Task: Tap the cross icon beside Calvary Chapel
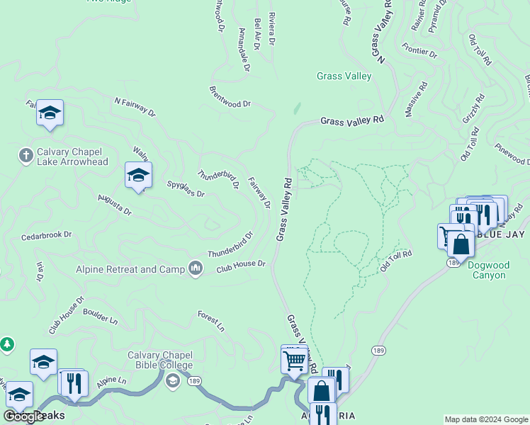point(26,154)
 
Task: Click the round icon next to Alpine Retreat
point(196,268)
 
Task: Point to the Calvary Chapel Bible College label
point(160,360)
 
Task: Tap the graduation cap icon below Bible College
point(172,382)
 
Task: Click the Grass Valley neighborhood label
point(344,76)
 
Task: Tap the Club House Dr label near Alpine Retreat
point(240,266)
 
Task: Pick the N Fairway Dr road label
point(135,106)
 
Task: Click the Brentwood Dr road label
point(230,98)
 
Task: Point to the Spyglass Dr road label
point(186,188)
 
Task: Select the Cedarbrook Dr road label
point(47,234)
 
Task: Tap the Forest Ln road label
point(210,321)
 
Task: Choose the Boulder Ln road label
point(100,315)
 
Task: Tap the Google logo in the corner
point(23,417)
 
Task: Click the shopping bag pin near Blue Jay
point(461,244)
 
